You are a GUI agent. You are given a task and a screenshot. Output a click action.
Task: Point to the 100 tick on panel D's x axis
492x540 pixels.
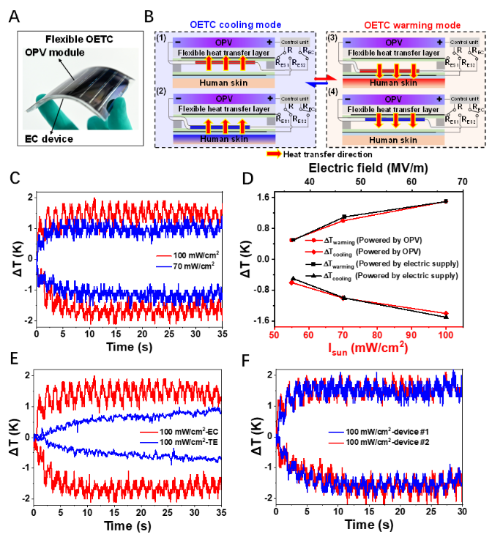point(445,331)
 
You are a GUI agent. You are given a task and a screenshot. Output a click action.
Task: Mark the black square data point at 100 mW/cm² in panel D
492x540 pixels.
point(445,201)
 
